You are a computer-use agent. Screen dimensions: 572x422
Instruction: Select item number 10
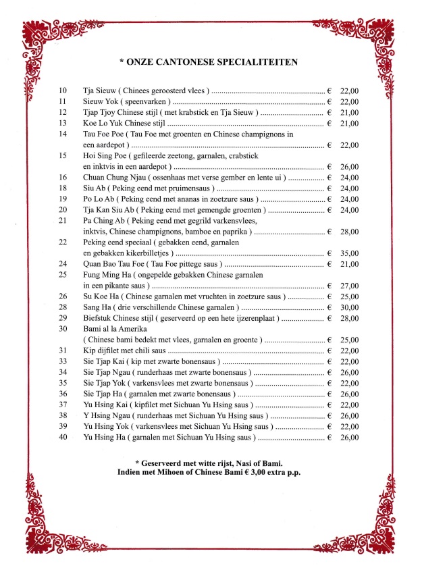coord(63,90)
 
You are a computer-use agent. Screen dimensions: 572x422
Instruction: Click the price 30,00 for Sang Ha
coord(350,307)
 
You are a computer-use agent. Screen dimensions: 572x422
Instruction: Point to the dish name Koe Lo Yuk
coord(103,123)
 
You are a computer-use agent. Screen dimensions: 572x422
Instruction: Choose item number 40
coord(63,438)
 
